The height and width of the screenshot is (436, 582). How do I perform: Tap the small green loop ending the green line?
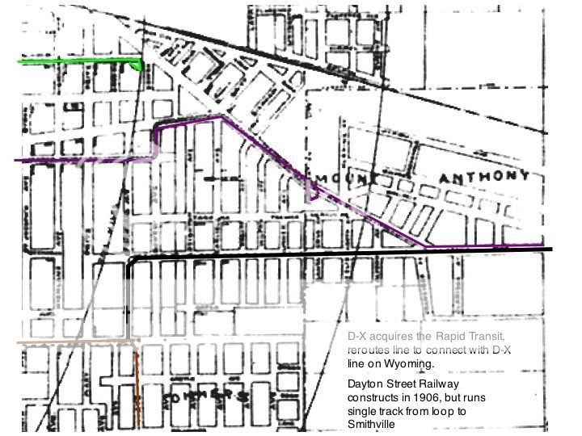click(x=139, y=64)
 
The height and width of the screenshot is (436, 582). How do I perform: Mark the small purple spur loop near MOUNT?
click(x=314, y=191)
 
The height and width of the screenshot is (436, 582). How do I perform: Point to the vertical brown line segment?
click(x=137, y=388)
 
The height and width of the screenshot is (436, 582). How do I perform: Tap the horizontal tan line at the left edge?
click(x=65, y=342)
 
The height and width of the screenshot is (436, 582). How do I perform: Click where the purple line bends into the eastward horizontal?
click(x=428, y=245)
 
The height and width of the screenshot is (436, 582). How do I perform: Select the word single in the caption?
click(x=364, y=412)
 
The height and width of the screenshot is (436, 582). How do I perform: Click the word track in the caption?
click(x=402, y=412)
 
